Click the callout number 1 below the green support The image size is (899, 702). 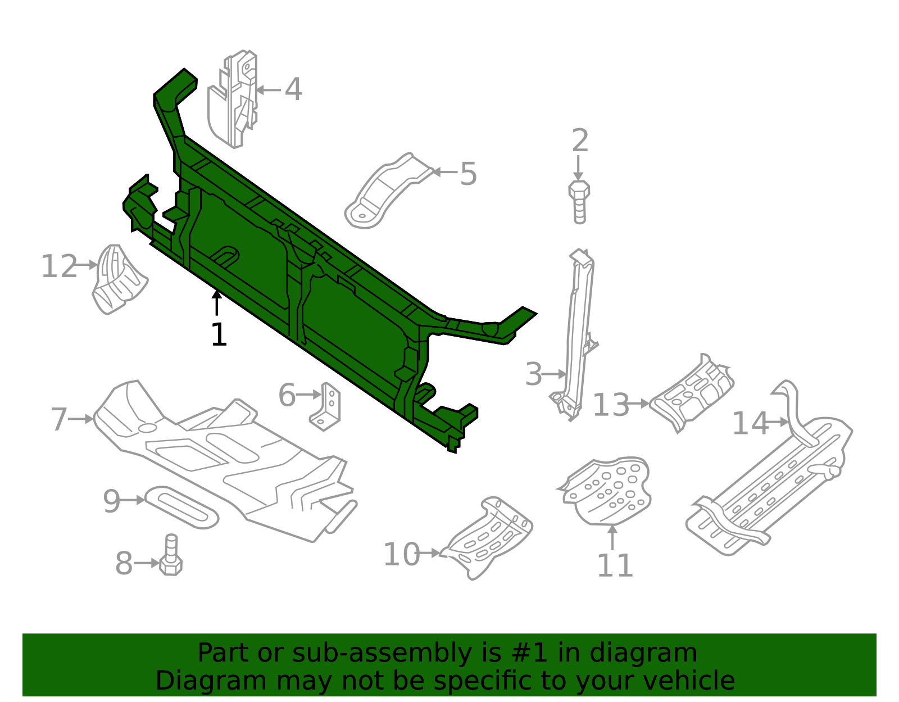219,335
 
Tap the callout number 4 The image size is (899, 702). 293,89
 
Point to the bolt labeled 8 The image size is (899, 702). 171,556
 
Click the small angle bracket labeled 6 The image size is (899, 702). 326,407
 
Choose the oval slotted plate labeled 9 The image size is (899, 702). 181,507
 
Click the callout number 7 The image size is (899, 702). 58,419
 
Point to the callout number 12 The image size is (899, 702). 58,266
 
